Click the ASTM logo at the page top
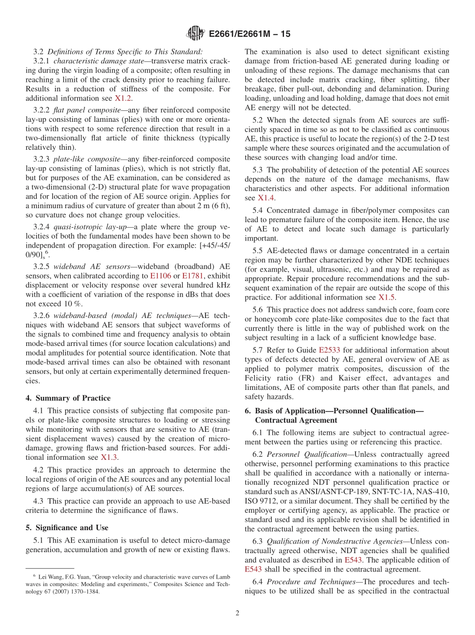point(195,33)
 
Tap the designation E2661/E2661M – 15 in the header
point(249,34)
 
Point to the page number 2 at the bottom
point(237,613)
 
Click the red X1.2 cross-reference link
point(123,98)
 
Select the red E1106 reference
point(159,276)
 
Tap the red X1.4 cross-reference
point(266,198)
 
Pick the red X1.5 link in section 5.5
point(386,298)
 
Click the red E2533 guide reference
point(328,349)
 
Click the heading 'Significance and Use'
point(72,528)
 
